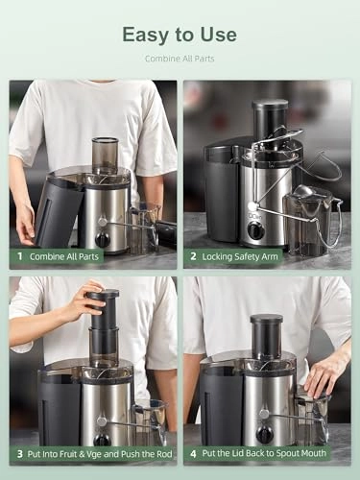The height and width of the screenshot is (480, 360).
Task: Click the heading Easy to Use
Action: (x=180, y=35)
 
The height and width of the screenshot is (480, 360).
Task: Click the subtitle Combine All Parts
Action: (x=180, y=60)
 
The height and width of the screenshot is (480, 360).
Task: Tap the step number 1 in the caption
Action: (x=18, y=257)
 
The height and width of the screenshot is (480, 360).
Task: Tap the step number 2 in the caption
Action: (x=193, y=257)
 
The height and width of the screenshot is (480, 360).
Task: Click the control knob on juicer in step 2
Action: (x=255, y=230)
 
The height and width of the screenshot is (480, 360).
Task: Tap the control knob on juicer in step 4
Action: (x=264, y=434)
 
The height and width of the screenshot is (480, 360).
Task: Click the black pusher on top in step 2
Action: (x=270, y=117)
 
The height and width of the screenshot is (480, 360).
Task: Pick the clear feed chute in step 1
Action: (x=105, y=156)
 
